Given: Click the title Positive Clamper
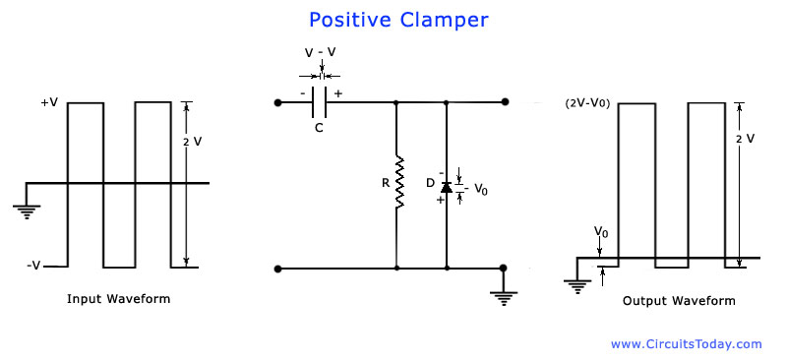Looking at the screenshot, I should coord(397,20).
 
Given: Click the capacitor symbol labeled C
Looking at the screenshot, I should coord(319,100).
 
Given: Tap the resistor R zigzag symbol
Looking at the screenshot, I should coord(396,182).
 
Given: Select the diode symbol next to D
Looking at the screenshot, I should coord(447,187).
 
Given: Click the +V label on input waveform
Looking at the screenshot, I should coord(49,102).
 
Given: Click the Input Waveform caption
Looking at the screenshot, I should coord(118,299).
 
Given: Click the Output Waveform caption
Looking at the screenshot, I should coord(678,301).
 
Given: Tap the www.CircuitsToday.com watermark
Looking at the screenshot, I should coord(686,344).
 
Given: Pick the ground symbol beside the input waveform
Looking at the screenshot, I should coord(25,209).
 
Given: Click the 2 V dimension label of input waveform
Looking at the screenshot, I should coord(193,142).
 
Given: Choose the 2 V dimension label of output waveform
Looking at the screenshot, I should coord(745,139).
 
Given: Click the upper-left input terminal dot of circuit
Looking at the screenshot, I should coord(279,101).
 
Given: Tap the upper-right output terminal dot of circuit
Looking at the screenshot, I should coord(505,101).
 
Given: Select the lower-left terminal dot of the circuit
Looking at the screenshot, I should coord(279,268).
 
